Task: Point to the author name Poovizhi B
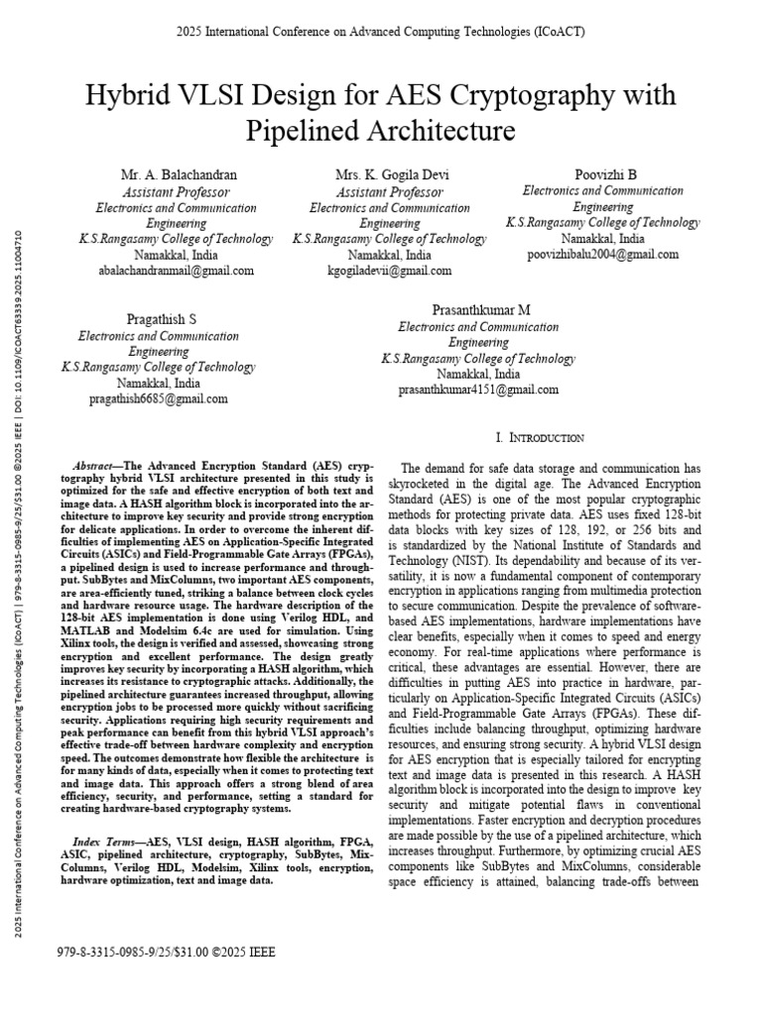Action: [605, 174]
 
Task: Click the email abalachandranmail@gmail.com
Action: [176, 271]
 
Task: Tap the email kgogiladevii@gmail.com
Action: [389, 271]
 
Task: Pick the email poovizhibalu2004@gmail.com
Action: [604, 255]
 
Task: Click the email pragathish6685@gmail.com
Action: [159, 398]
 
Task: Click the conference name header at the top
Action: [381, 32]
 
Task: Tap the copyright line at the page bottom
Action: [169, 953]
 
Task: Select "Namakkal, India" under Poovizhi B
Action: [604, 239]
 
